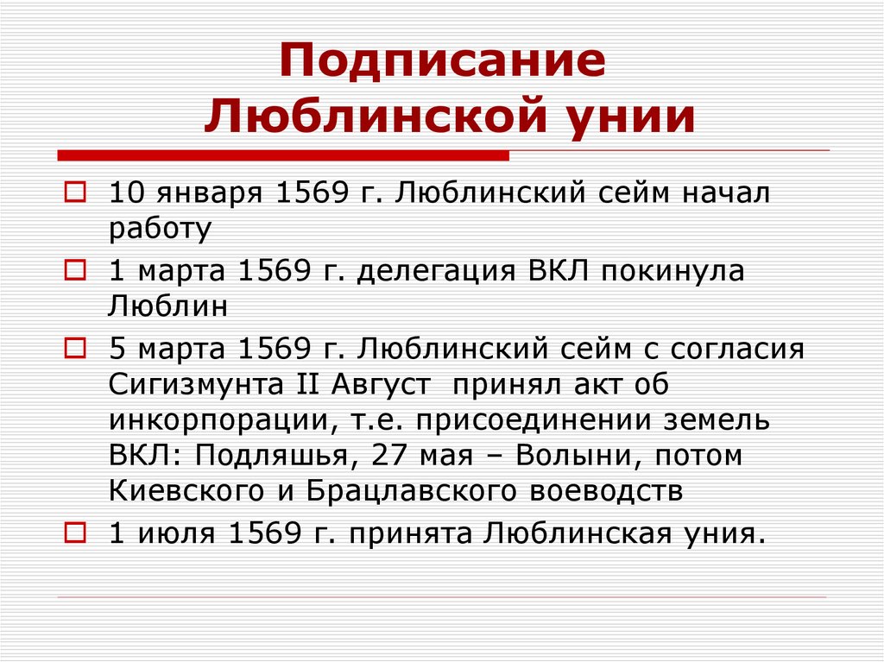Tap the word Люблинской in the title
367,116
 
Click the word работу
161,230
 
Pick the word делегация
436,272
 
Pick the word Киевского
180,491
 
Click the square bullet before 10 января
75,191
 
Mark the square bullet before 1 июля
75,533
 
